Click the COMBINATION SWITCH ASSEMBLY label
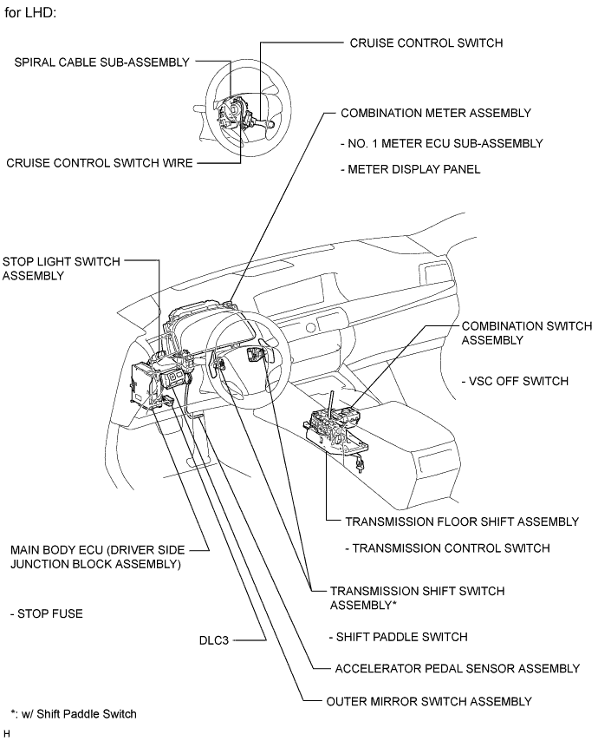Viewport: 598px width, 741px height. [x=526, y=333]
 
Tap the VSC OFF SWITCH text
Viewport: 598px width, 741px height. [x=517, y=381]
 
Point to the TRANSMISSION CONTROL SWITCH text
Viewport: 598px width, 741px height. [x=446, y=548]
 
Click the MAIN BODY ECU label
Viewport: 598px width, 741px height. [x=95, y=556]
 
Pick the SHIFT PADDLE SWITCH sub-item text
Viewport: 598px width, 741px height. [x=399, y=636]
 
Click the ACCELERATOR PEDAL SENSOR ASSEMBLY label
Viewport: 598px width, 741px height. [x=457, y=668]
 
